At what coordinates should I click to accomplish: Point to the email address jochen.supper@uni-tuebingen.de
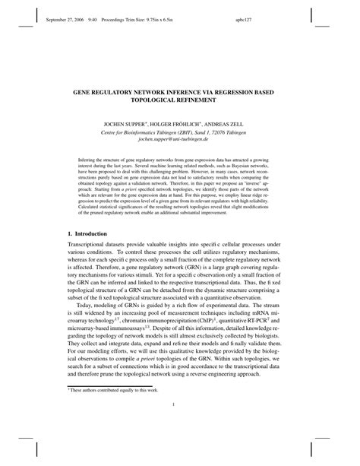click(x=180, y=141)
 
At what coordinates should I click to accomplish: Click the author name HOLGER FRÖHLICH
click(x=180, y=122)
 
